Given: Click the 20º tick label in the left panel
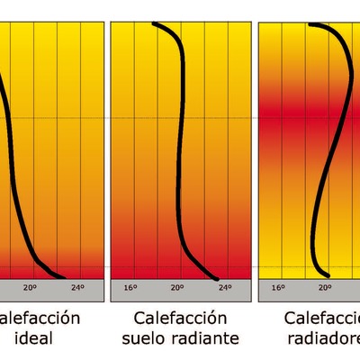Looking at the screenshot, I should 29,288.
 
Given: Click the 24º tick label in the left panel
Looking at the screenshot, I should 76,288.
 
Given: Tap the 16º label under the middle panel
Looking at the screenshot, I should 130,288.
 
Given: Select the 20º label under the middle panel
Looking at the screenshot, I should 178,288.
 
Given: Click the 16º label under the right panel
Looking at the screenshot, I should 278,288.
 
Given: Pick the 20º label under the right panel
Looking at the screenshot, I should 325,288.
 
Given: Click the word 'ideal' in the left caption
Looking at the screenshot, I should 34,338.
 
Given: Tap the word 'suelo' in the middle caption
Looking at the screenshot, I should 147,338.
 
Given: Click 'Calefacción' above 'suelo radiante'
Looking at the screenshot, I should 179,318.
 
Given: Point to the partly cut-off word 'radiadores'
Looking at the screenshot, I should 324,338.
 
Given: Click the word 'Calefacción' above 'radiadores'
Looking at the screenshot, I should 322,318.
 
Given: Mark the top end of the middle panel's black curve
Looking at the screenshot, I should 156,24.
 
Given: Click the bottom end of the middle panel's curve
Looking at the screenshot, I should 217,275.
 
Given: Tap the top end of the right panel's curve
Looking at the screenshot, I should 310,24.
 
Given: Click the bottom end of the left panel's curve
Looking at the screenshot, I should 64,275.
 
